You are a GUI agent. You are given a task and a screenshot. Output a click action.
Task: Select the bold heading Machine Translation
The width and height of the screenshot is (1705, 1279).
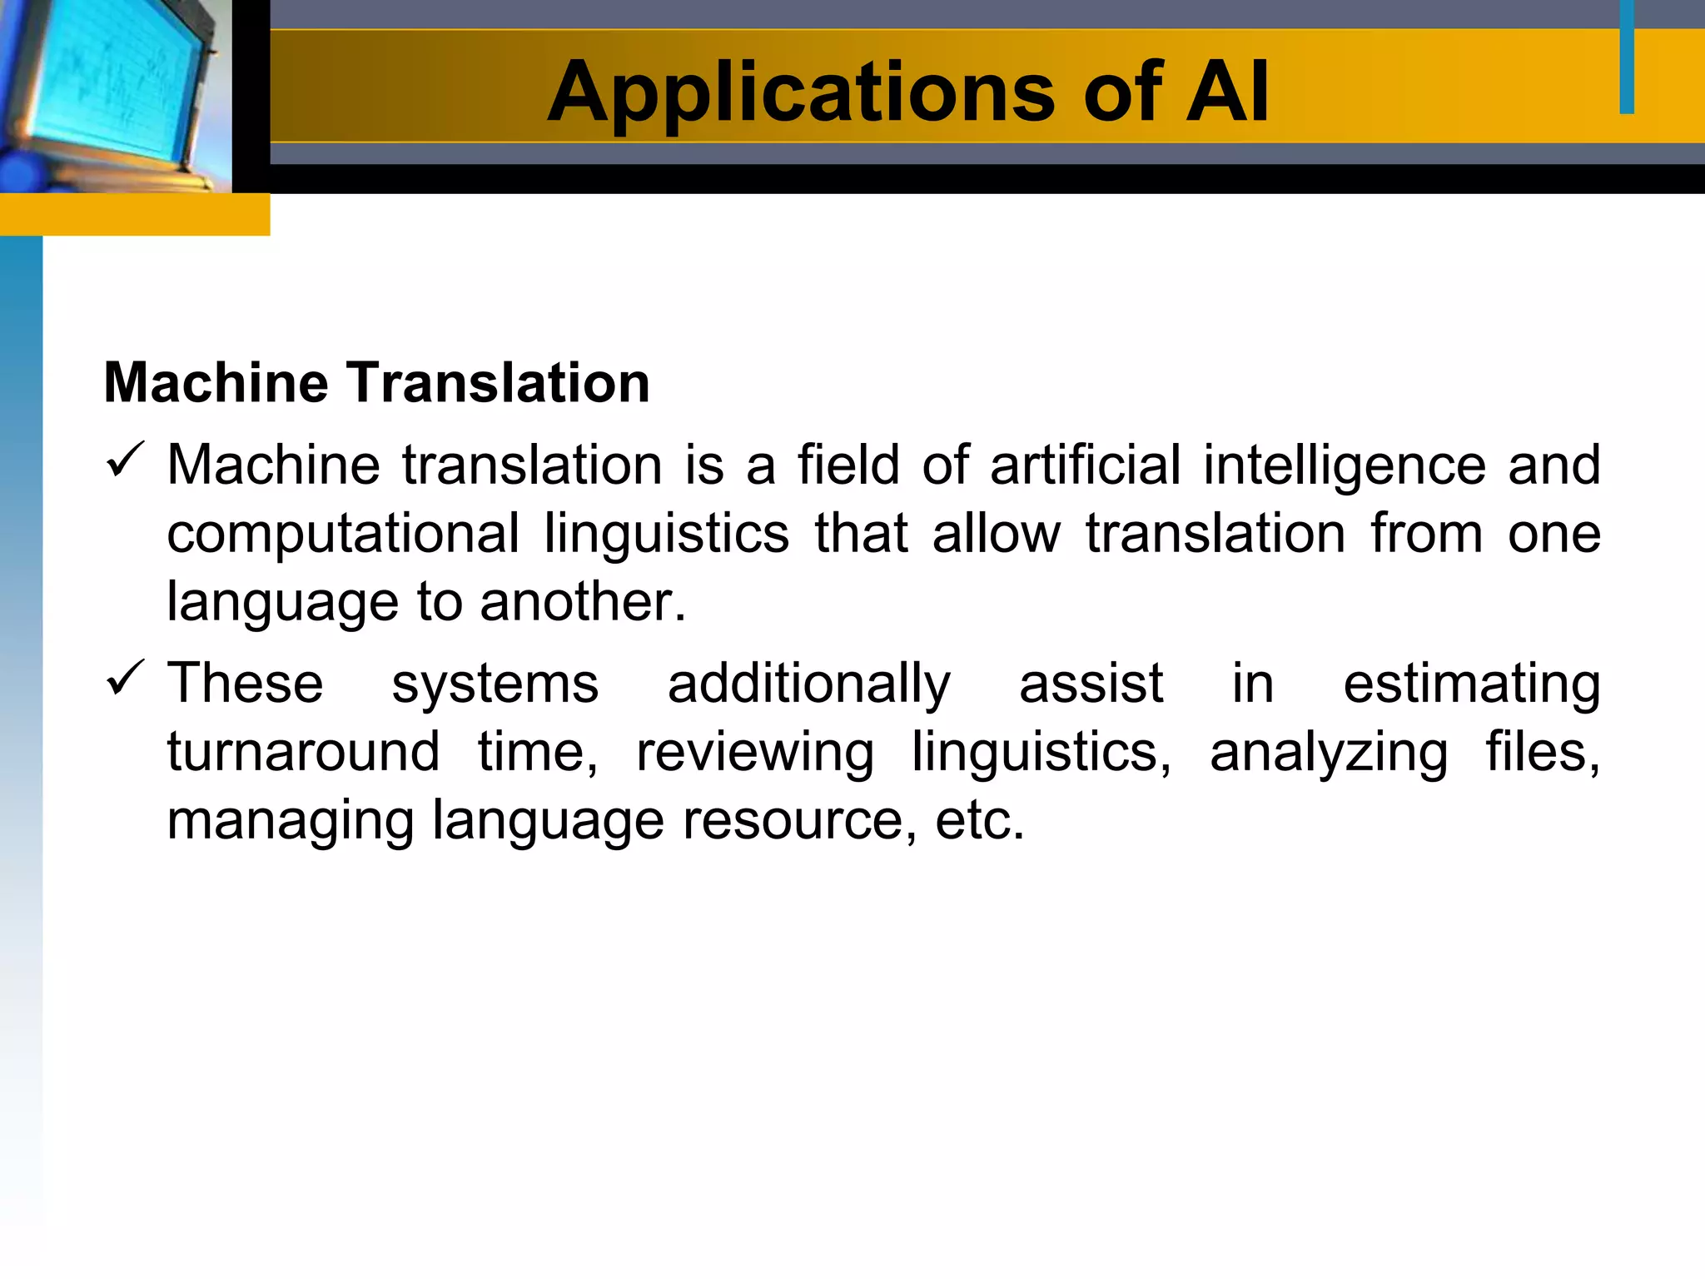click(x=376, y=383)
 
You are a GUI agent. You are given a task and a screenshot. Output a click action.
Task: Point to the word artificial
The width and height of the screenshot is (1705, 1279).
click(x=1086, y=465)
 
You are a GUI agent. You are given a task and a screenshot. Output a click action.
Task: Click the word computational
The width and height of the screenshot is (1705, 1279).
click(x=343, y=535)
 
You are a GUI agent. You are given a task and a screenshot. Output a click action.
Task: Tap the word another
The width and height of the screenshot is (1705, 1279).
click(x=583, y=601)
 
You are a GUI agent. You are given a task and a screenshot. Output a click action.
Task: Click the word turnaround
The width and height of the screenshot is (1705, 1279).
click(x=303, y=752)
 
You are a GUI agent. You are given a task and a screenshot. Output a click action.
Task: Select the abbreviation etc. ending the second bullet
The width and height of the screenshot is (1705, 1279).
click(x=979, y=821)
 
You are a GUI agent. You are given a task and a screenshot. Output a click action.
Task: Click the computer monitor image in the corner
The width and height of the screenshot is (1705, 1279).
click(x=115, y=96)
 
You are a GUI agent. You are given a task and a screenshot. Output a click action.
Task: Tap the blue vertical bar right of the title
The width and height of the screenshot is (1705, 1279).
click(x=1627, y=57)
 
